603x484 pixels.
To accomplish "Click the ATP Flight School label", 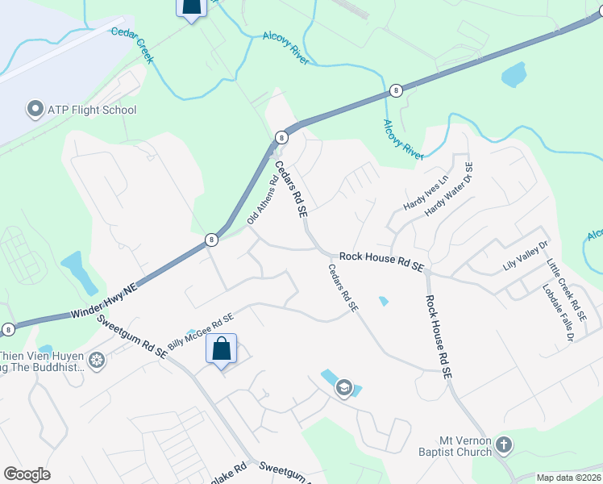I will point(93,111).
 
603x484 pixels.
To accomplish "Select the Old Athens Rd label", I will point(262,199).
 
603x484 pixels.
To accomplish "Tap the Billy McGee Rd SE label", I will point(200,331).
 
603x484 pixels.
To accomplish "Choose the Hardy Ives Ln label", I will point(425,194).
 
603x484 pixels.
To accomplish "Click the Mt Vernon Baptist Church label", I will point(465,446).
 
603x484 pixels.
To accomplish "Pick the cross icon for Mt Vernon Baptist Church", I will point(504,444).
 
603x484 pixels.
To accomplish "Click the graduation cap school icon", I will point(345,389).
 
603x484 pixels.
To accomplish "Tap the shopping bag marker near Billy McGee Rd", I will point(221,349).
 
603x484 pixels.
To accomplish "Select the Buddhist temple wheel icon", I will point(97,360).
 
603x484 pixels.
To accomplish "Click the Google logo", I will point(27,474).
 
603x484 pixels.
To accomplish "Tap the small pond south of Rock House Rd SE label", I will point(383,302).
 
